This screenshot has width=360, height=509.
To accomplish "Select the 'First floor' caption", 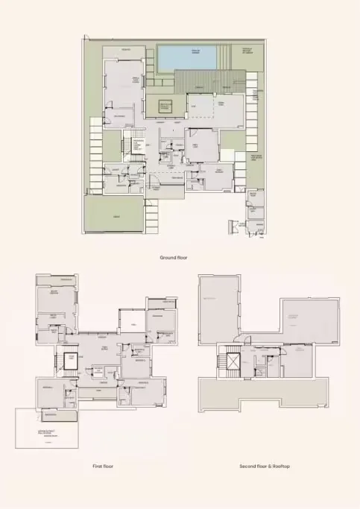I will (103, 466).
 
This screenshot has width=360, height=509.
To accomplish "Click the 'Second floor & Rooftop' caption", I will (265, 466).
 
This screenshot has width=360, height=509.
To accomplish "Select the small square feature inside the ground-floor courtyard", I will (165, 106).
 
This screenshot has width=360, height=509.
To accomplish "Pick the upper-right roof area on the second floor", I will (306, 320).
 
